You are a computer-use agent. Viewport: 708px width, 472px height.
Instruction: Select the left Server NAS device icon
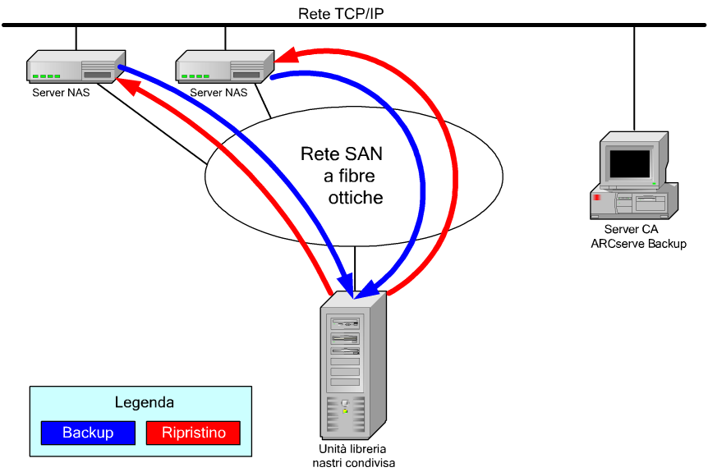click(72, 66)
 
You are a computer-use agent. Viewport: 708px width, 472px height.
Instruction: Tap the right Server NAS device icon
click(223, 66)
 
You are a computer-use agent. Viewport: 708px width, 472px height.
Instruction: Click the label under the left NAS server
click(61, 93)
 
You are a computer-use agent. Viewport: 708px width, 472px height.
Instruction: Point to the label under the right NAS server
click(218, 93)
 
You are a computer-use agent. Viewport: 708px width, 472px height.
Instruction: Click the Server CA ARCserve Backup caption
click(638, 236)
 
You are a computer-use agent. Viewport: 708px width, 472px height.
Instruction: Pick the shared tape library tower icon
click(354, 366)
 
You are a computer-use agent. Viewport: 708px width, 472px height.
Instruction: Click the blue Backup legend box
click(88, 432)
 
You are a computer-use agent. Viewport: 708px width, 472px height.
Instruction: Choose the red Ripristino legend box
click(192, 432)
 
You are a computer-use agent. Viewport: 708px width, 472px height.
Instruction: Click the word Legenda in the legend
click(144, 403)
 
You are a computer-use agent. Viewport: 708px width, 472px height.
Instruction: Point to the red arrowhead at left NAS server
click(126, 82)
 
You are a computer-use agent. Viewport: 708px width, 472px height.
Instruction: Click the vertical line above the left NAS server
click(76, 38)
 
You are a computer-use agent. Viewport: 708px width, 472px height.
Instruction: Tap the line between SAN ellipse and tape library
click(354, 264)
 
